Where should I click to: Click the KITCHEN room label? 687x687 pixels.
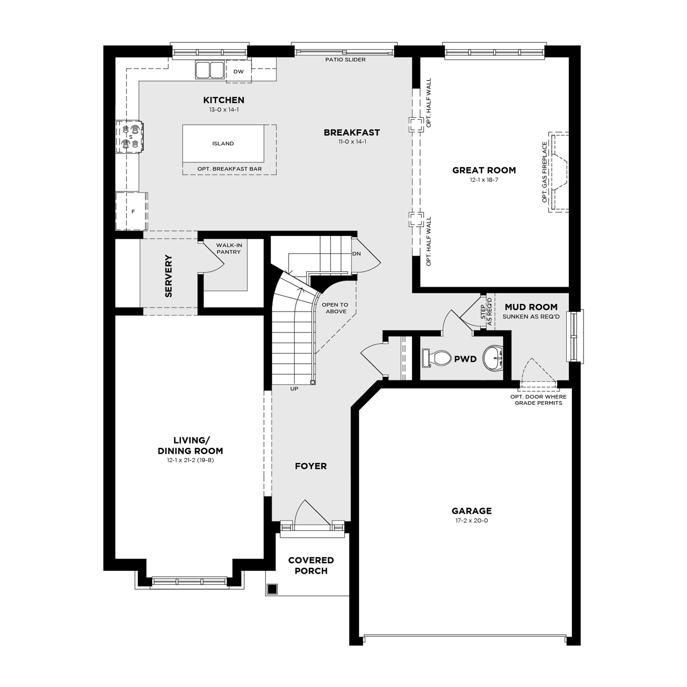pos(224,100)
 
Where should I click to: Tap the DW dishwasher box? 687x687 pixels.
pos(239,71)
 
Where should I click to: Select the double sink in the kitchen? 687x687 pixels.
pos(210,70)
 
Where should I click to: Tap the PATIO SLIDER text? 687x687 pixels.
pos(345,60)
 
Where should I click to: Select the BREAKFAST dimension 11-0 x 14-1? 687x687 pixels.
pos(352,142)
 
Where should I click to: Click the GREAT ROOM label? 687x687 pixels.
pos(484,170)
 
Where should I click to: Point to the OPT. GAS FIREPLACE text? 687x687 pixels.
pos(544,172)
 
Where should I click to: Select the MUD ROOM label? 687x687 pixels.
pos(531,307)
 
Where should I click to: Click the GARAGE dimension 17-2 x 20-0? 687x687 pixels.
pos(472,520)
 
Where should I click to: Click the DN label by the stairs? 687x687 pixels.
pos(356,254)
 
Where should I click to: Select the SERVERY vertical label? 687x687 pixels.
pos(168,276)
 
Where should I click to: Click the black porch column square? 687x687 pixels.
pos(272,589)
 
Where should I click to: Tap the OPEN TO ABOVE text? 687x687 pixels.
pos(335,308)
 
